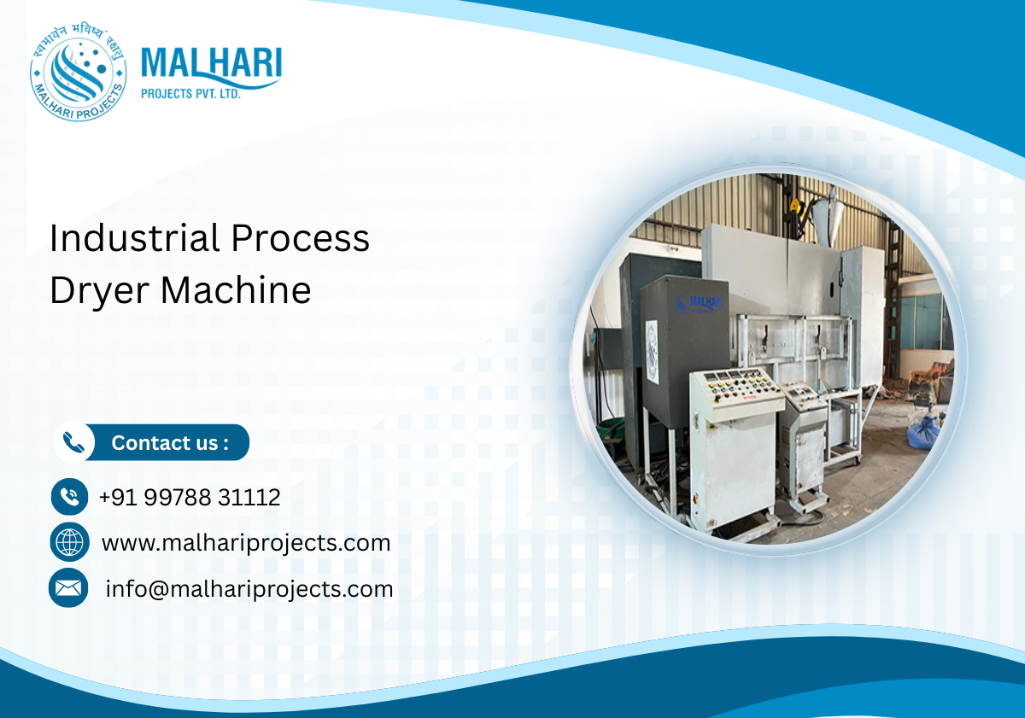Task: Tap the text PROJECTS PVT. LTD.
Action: click(x=190, y=94)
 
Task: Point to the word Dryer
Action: click(x=98, y=291)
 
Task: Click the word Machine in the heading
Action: click(x=236, y=291)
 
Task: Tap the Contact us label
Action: click(x=170, y=442)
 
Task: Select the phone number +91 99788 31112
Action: click(x=190, y=497)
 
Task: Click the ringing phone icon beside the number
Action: click(x=69, y=497)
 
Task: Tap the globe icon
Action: click(x=69, y=542)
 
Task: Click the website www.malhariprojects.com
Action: click(x=246, y=542)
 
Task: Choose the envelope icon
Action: click(x=68, y=587)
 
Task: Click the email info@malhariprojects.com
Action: click(x=249, y=588)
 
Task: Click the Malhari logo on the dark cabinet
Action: click(x=699, y=303)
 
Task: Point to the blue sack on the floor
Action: click(x=923, y=431)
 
